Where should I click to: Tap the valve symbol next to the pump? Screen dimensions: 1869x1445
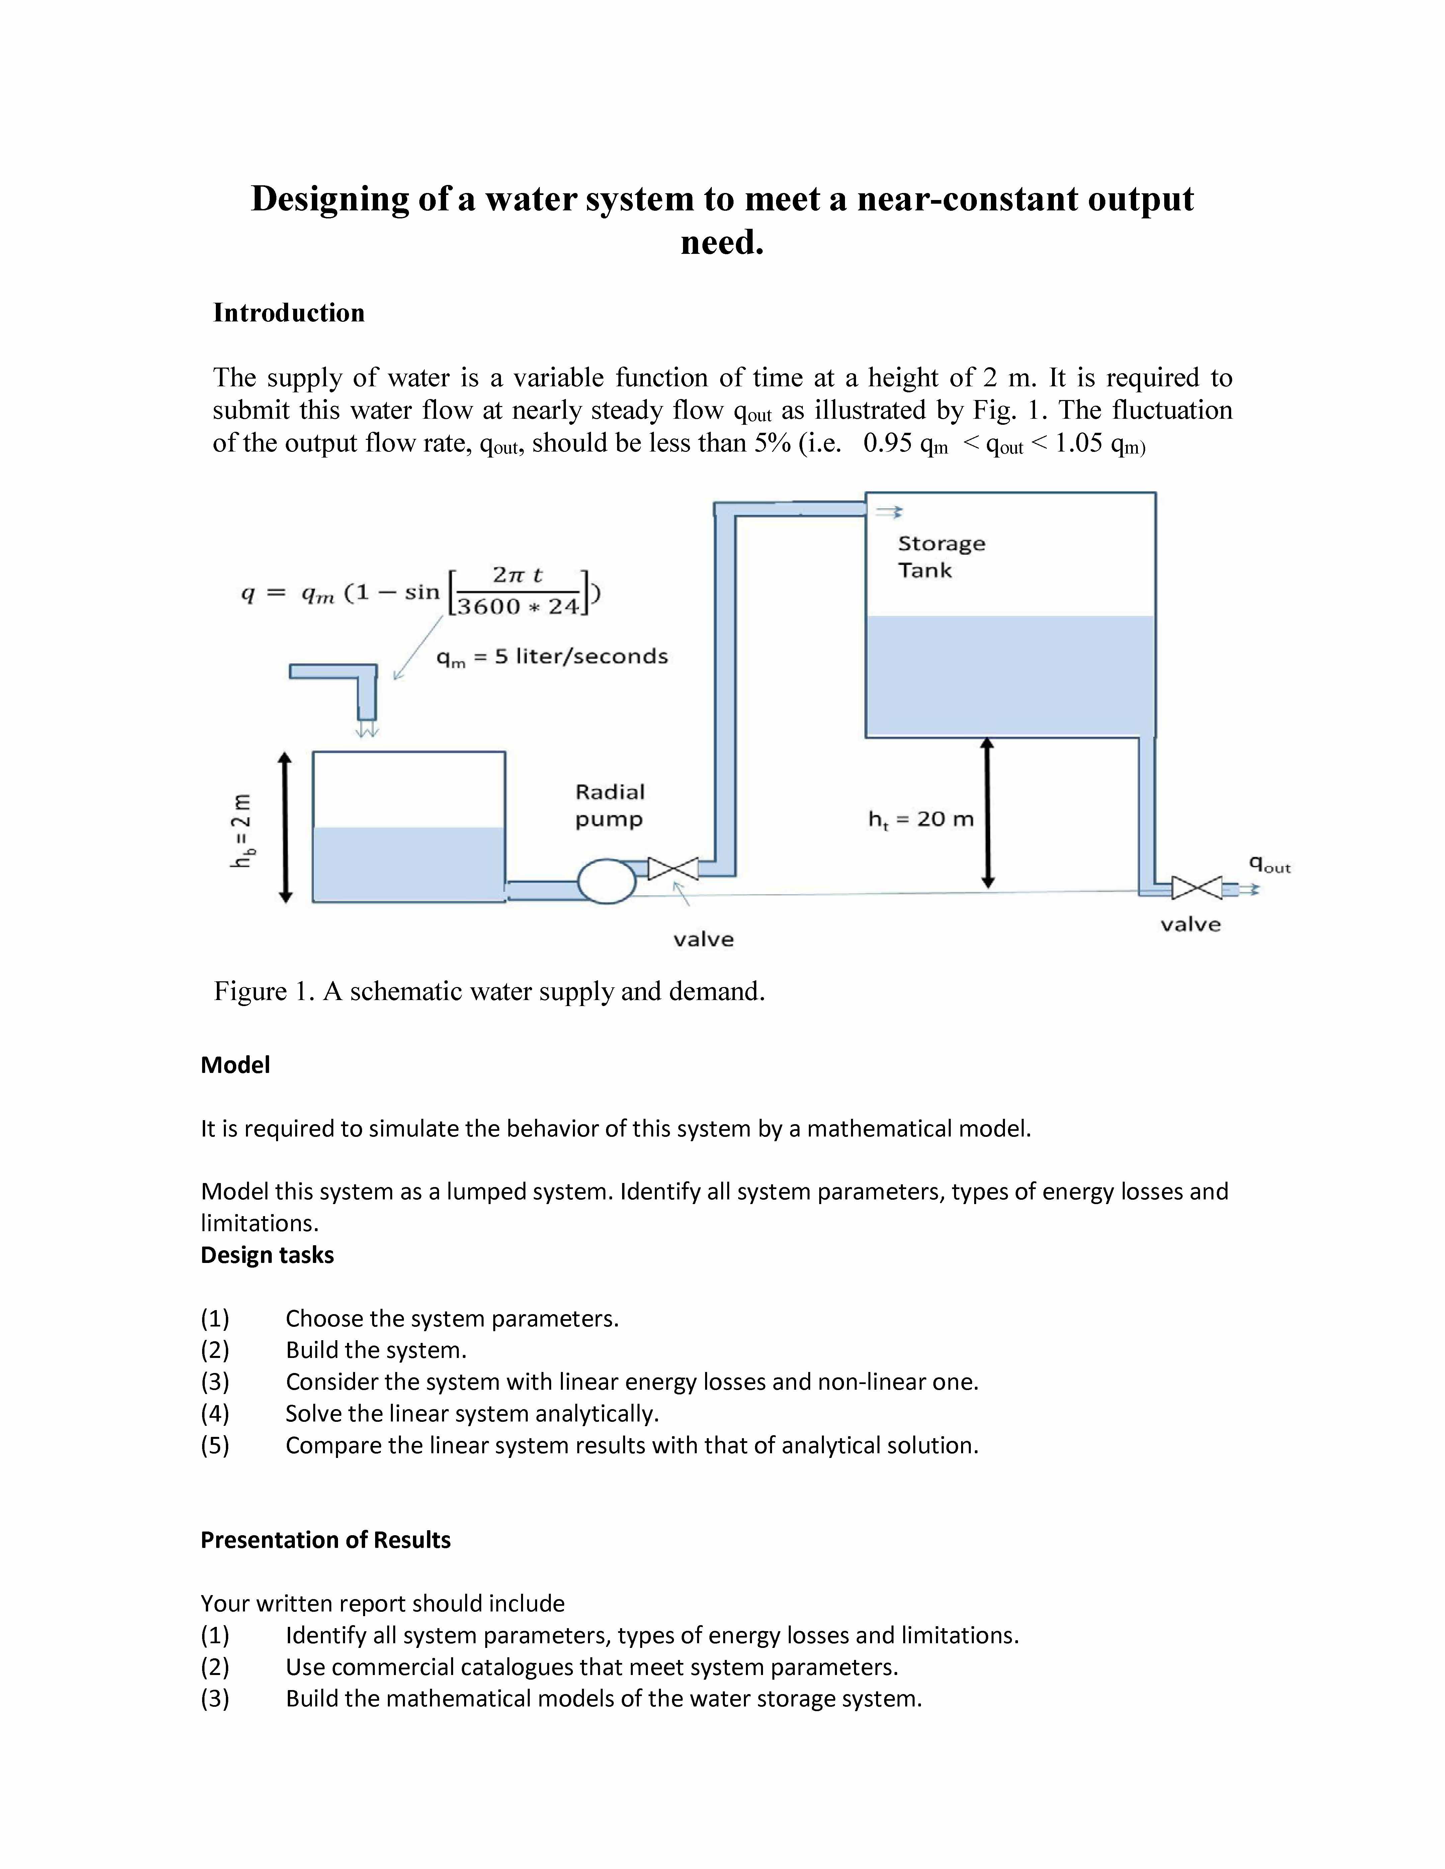click(673, 869)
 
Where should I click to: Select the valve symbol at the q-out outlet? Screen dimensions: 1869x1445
click(1196, 888)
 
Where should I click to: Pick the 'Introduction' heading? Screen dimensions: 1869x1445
click(288, 313)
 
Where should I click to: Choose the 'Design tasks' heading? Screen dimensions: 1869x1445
click(267, 1255)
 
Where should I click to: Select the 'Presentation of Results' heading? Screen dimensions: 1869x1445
click(325, 1540)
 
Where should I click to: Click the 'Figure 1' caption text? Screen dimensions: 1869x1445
click(489, 991)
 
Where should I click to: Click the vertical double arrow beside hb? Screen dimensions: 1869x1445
click(286, 827)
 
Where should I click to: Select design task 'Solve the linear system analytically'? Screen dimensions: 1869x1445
click(472, 1414)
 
